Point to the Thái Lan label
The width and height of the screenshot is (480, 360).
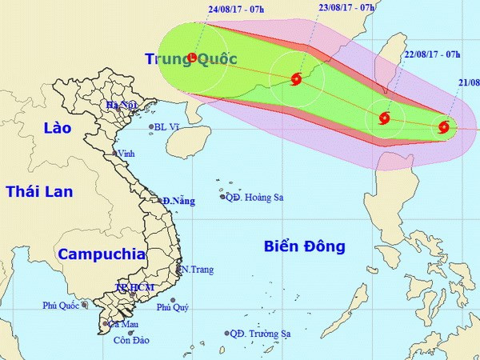click(39, 191)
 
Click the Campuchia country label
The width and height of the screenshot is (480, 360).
click(102, 254)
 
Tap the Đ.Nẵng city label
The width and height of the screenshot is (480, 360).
click(179, 202)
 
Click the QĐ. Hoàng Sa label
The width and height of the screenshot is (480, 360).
click(255, 198)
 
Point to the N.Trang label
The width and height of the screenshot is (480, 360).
click(197, 270)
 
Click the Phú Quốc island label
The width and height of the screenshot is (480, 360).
click(61, 305)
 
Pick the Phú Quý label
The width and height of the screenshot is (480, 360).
click(174, 307)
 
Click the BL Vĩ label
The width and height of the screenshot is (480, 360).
click(169, 126)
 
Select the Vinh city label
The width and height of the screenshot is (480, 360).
click(126, 154)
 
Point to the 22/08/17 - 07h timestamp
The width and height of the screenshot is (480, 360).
click(432, 54)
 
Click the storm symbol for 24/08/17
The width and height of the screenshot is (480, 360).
click(193, 58)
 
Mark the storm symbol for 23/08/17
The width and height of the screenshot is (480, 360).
click(297, 78)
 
